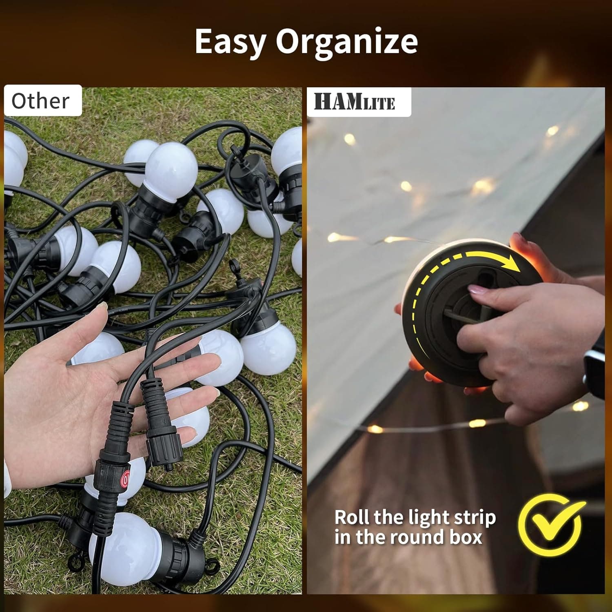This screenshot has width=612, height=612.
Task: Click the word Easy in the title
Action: point(230,42)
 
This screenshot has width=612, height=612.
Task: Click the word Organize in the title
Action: point(347,42)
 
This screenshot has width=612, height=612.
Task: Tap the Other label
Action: point(40,101)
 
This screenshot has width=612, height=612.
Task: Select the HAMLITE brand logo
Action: point(354,102)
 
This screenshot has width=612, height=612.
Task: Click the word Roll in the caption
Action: point(352,517)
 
